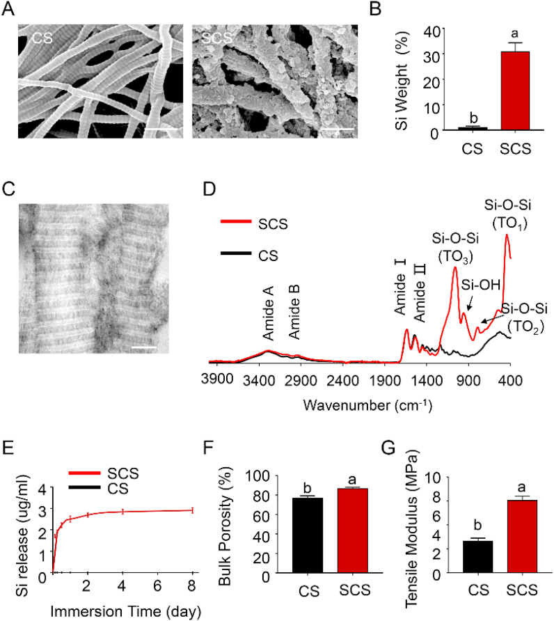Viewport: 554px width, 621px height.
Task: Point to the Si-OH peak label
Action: (478, 283)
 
